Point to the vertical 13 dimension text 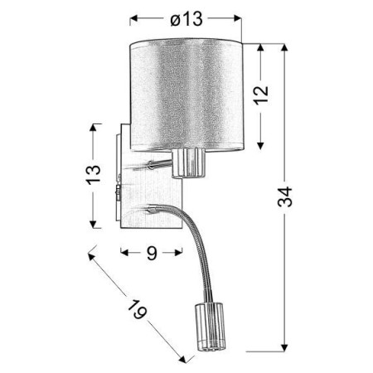click(95, 175)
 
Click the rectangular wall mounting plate click(122, 175)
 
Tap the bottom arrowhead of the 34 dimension click(284, 346)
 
